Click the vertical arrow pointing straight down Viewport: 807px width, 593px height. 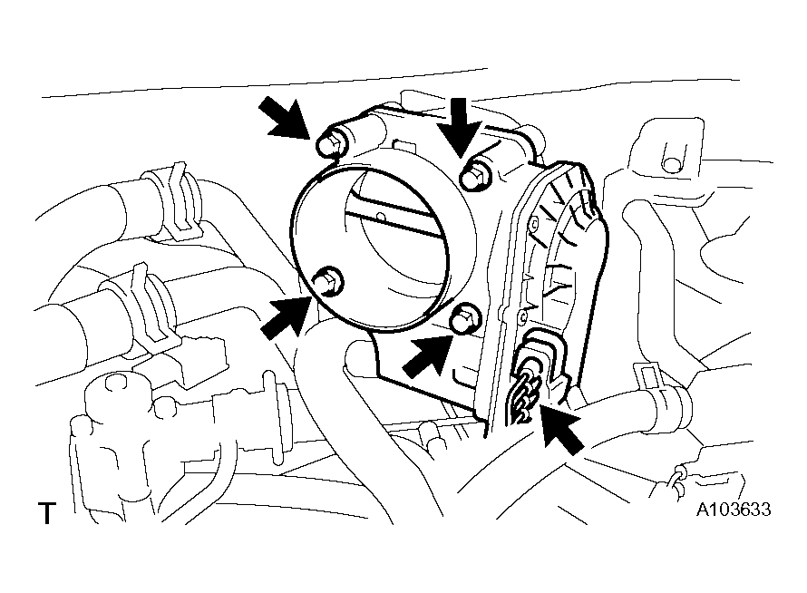459,127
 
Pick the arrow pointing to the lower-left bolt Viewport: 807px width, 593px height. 287,316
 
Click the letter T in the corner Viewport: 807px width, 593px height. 47,512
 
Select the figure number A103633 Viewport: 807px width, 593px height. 734,510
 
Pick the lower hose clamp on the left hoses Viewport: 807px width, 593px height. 144,309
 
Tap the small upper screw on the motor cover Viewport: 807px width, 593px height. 534,224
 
